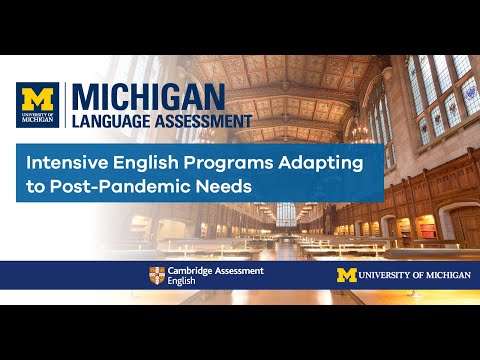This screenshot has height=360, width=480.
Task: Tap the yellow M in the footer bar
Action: (x=346, y=275)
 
